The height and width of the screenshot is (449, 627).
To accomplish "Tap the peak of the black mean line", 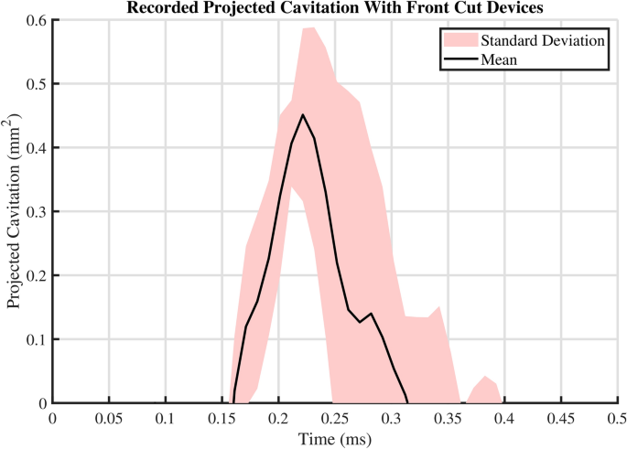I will tap(302, 115).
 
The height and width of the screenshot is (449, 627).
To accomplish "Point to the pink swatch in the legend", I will tap(459, 40).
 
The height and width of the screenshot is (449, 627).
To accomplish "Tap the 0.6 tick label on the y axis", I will tap(34, 20).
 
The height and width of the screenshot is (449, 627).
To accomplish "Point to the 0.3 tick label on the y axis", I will tap(34, 211).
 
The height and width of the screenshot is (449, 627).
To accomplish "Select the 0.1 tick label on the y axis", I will tap(34, 339).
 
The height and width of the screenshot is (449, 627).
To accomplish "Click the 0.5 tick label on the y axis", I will tap(34, 84).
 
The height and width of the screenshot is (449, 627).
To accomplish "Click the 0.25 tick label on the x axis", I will tap(335, 418).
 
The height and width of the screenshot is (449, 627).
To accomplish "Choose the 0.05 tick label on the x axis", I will tap(109, 418).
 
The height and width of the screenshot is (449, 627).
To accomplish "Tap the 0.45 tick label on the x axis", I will tap(561, 418).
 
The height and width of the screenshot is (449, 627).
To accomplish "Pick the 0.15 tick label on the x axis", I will tap(222, 418).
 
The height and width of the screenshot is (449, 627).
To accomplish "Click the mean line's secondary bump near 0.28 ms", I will tap(371, 315).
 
